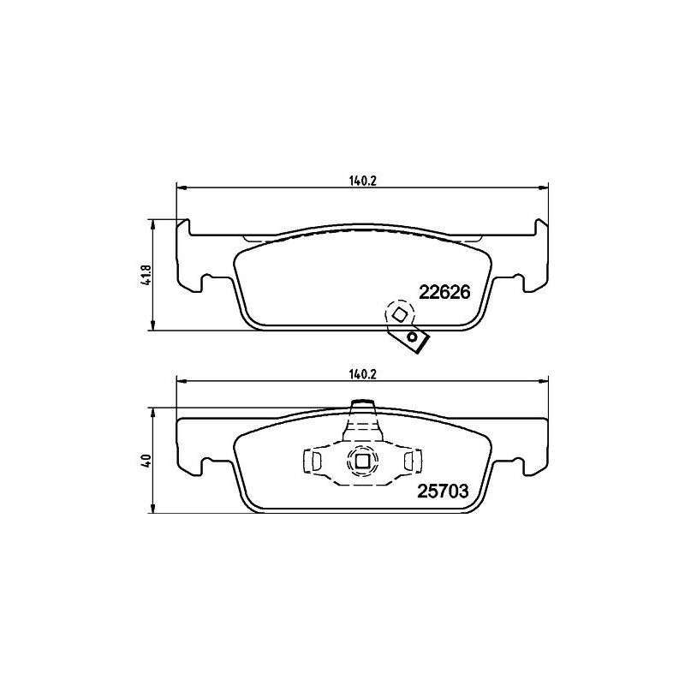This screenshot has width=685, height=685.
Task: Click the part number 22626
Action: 444,292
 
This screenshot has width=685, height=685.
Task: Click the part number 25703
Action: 444,491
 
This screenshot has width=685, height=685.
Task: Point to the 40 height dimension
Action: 146,460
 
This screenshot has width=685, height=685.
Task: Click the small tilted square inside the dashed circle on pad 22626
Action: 399,314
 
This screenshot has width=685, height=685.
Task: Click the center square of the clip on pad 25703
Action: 361,462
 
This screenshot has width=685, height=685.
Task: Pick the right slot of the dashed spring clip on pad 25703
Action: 408,462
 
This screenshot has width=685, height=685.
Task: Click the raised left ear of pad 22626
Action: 183,226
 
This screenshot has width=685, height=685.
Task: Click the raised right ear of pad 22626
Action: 541,226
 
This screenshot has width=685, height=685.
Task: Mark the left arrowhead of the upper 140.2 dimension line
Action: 180,187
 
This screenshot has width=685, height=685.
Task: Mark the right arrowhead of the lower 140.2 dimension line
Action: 545,382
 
